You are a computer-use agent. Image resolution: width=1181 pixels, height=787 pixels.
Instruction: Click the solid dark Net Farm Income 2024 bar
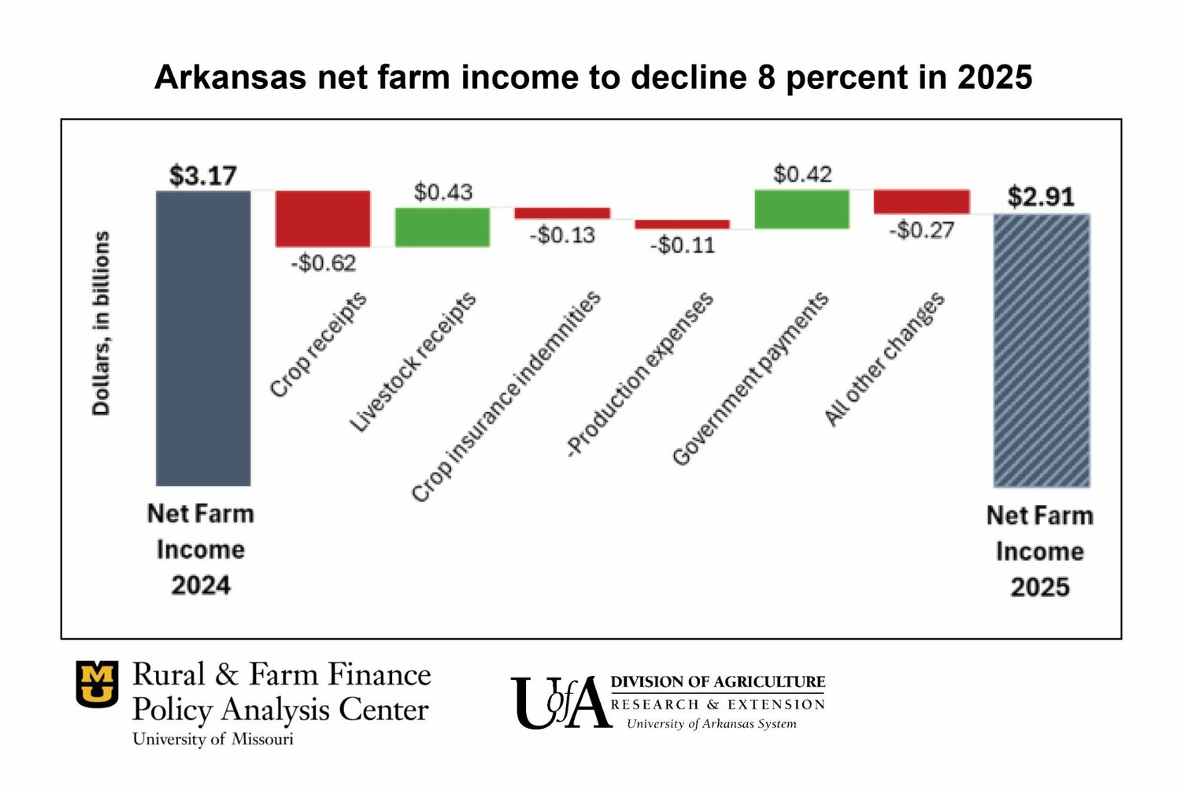(203, 339)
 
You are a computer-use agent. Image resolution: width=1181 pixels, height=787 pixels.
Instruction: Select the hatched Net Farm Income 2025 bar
(1042, 351)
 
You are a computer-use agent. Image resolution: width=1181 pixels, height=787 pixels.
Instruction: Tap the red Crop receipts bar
(323, 218)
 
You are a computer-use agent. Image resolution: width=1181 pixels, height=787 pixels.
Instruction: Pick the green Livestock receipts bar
(442, 227)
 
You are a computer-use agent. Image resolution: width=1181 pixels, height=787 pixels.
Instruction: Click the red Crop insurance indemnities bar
(562, 213)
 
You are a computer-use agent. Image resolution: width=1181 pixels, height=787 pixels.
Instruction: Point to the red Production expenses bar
(682, 224)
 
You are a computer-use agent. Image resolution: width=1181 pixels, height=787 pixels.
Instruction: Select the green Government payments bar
(802, 209)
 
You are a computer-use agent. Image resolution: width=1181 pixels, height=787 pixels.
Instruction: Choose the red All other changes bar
(921, 201)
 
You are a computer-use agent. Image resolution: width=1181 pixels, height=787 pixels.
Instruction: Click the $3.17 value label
(203, 176)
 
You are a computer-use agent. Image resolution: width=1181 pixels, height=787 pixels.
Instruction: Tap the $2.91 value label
(1041, 197)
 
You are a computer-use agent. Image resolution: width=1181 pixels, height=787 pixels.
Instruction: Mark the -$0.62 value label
(323, 262)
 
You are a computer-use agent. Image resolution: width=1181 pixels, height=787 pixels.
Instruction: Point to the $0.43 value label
(443, 191)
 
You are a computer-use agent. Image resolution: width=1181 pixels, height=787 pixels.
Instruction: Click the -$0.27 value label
(921, 230)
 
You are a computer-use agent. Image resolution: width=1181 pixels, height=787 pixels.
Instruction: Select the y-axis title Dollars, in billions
(102, 323)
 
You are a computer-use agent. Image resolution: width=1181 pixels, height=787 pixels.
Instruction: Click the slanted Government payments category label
(750, 379)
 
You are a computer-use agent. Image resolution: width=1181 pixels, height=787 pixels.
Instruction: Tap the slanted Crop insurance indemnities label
(506, 396)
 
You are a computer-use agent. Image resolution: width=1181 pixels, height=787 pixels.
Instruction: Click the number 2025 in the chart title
(994, 77)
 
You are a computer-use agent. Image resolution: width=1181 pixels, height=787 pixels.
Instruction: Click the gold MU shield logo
(98, 683)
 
